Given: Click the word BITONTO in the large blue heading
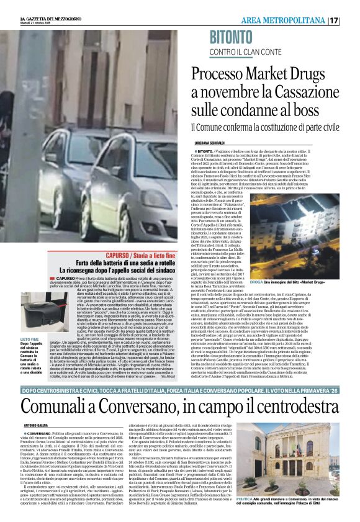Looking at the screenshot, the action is click(x=240, y=37).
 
